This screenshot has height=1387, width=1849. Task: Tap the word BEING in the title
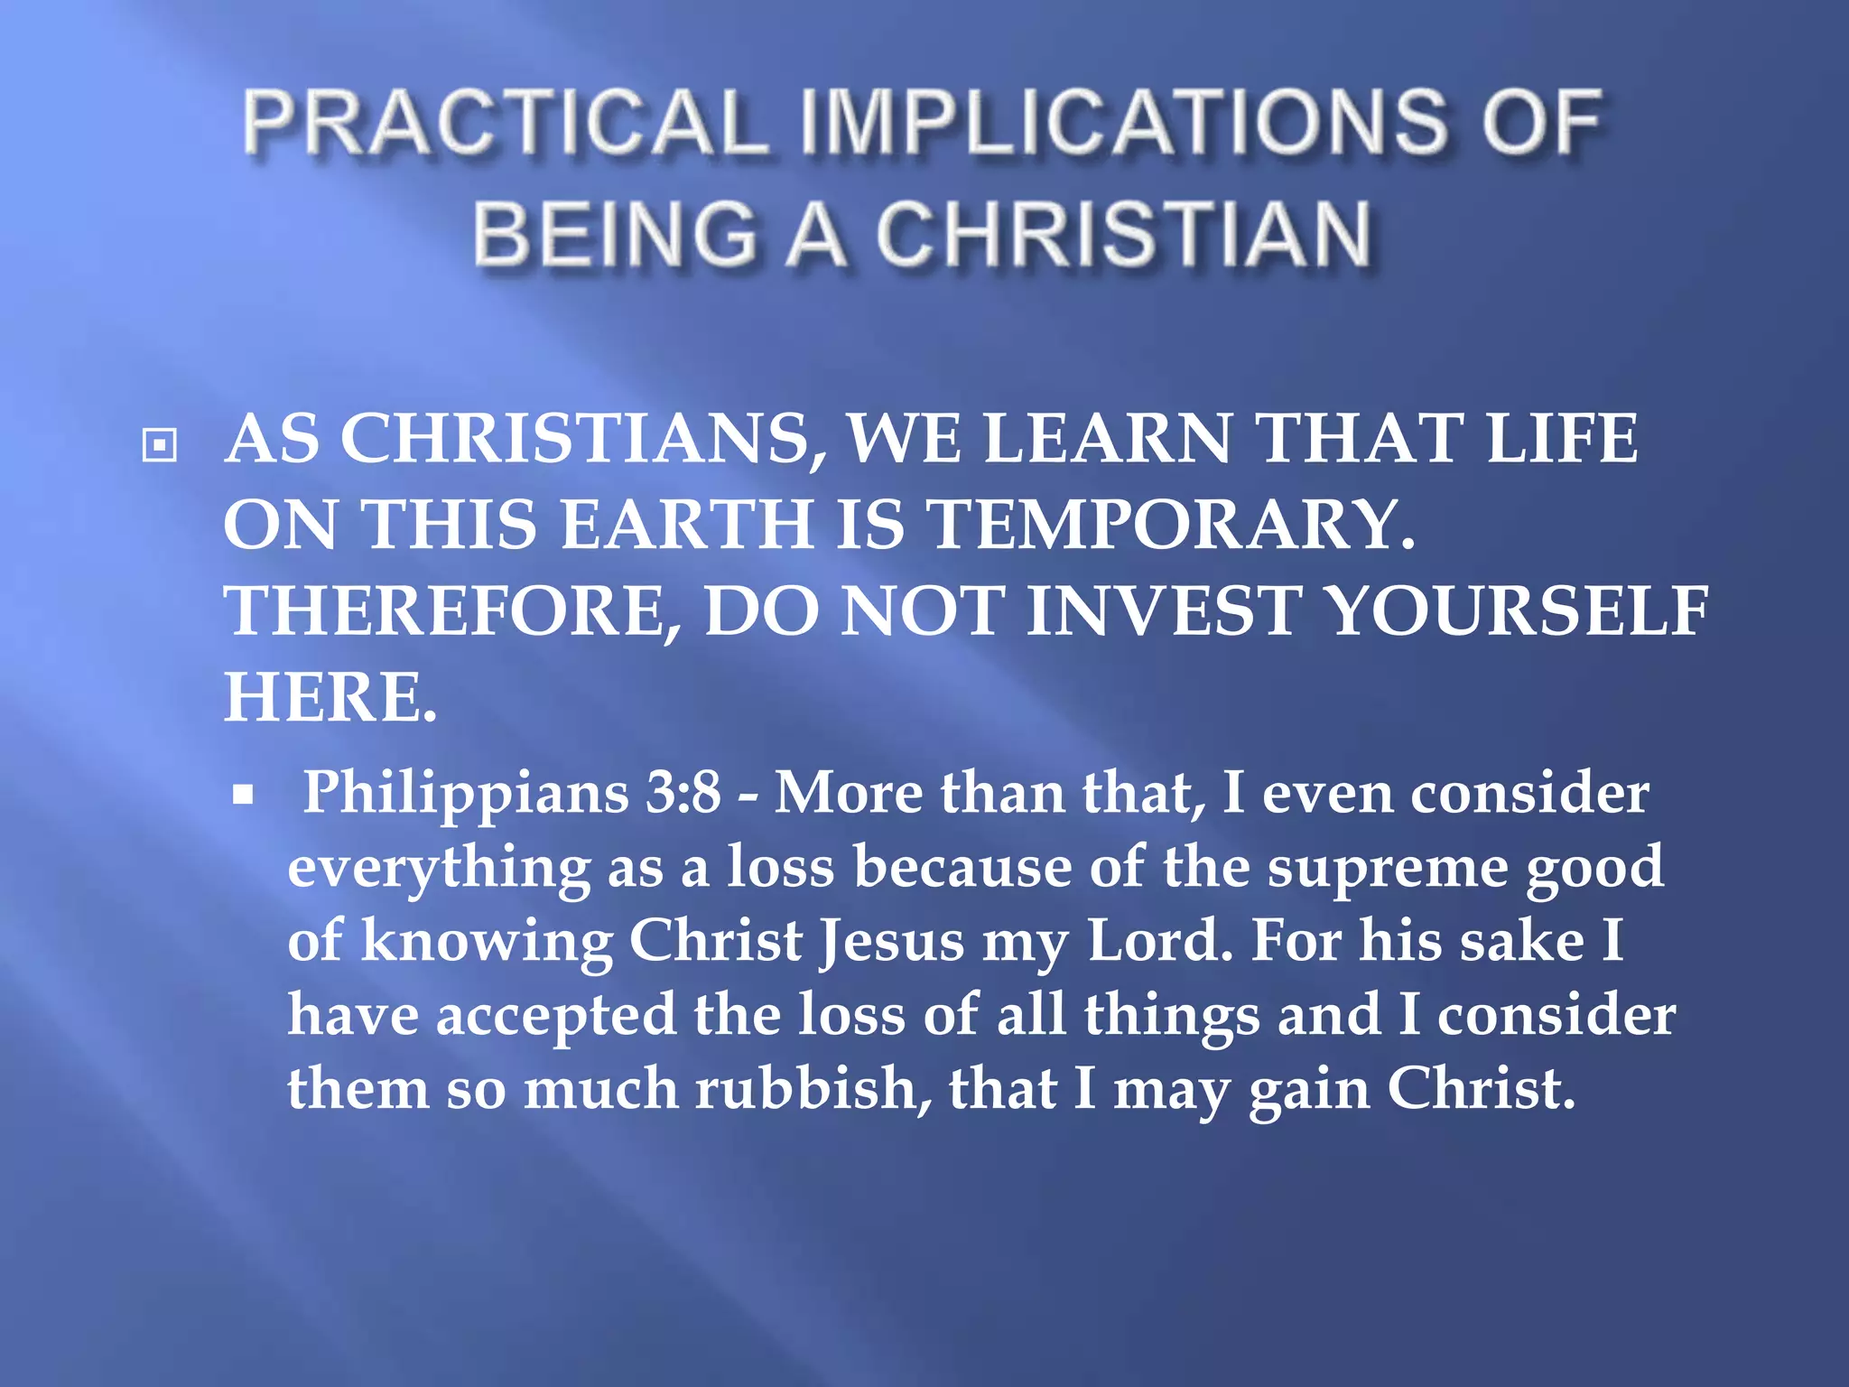pos(614,234)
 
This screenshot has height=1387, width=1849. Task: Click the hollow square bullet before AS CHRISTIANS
pos(160,444)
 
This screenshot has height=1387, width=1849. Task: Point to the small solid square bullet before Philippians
pos(242,796)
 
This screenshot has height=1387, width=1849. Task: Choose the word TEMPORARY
pos(1171,525)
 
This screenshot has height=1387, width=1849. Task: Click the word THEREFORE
pos(452,611)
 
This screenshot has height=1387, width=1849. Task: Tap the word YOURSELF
pos(1519,611)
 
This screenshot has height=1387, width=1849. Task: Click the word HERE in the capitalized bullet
pos(330,697)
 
